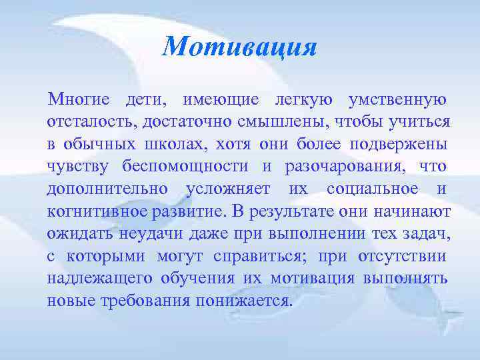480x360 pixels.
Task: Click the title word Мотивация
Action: point(239,47)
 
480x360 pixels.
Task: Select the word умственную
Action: point(397,101)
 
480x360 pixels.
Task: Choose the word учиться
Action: point(420,123)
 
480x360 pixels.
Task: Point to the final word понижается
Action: point(244,299)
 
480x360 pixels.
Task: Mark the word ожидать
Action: point(80,233)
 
